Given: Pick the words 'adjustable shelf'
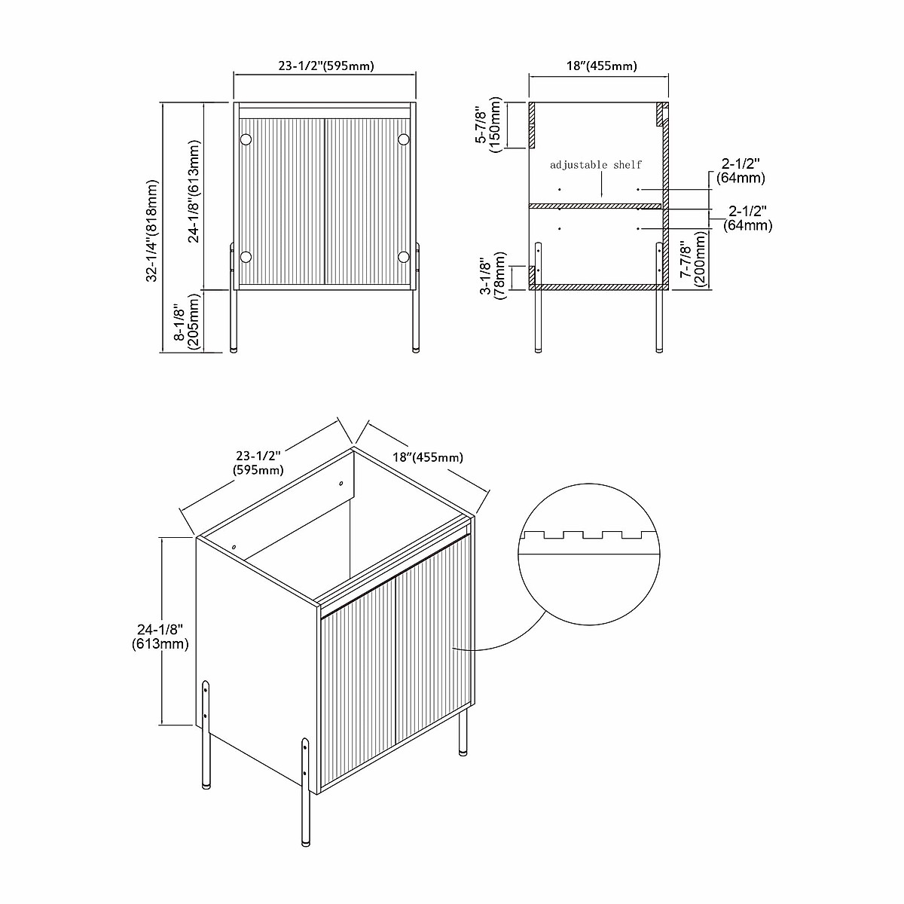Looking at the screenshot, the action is click(596, 164).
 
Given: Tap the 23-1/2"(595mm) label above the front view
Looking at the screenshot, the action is click(326, 66).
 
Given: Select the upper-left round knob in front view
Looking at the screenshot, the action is click(246, 139).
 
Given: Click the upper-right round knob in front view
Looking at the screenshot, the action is click(404, 139).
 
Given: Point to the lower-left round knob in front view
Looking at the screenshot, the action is click(246, 257).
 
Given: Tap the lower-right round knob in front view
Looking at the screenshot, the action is click(404, 257).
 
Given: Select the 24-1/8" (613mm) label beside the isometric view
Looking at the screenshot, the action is click(160, 636).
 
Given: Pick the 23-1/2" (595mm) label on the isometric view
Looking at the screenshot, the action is click(258, 463).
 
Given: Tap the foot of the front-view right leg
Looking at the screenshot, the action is click(414, 350).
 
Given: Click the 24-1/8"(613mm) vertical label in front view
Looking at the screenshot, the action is click(194, 191).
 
